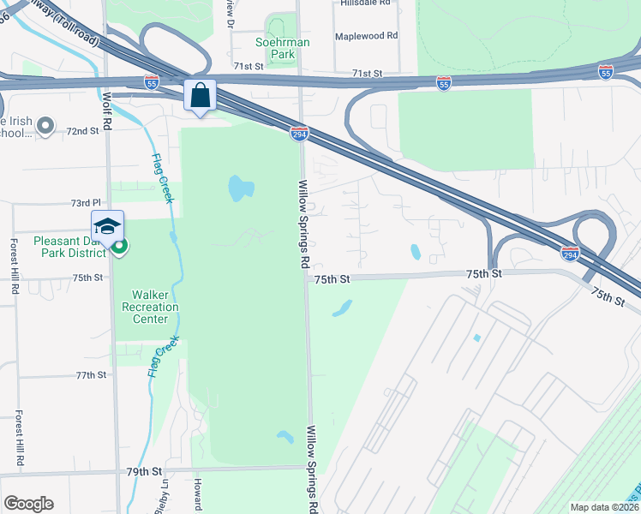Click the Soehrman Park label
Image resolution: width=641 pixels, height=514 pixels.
point(282,48)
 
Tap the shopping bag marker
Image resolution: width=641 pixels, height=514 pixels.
point(201,96)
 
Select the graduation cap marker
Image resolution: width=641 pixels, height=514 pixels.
point(107,226)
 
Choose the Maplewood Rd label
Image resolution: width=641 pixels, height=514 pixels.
point(367,36)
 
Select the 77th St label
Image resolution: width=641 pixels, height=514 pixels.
point(91,375)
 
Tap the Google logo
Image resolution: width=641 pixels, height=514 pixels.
point(28,504)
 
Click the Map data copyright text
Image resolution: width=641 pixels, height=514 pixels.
point(605,508)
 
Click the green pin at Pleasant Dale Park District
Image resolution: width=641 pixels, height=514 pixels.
point(120,248)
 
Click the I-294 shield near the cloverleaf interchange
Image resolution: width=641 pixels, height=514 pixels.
point(570,254)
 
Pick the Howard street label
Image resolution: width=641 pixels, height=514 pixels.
point(198,496)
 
